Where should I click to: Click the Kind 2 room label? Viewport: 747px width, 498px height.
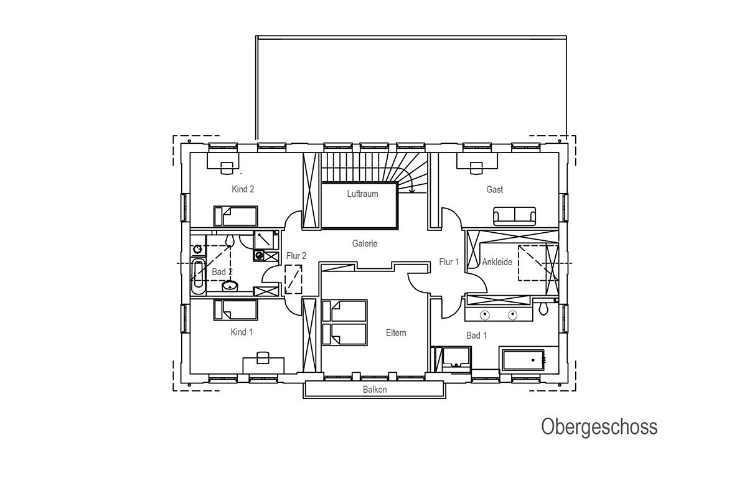pos(243,189)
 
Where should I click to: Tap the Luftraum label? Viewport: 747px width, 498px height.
pos(362,194)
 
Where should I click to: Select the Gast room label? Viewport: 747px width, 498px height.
pos(494,189)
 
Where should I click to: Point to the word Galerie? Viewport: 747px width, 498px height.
pos(365,243)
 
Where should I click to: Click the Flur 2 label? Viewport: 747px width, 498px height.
pos(296,256)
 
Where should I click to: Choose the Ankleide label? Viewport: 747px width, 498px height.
pos(497,262)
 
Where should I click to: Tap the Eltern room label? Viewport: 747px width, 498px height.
pos(396,332)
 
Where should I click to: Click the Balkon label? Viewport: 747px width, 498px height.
pos(375,389)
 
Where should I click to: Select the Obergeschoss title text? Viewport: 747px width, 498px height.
pos(599,427)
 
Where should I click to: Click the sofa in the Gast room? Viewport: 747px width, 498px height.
pos(515,216)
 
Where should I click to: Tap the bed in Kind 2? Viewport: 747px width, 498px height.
pos(235,216)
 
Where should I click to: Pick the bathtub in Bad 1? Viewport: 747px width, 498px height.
pos(523,360)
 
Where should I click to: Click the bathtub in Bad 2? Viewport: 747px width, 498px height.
pos(199,276)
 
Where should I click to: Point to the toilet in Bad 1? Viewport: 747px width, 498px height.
pos(543,309)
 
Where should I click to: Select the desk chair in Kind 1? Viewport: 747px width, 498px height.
pos(263,357)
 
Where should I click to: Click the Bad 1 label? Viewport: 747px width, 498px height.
pos(477,336)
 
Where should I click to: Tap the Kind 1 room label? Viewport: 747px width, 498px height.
pos(242,332)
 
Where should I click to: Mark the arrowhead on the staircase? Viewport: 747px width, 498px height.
pos(412,190)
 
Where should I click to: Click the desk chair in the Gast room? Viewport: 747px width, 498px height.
pos(476,168)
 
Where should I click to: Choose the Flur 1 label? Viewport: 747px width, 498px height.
pos(449,262)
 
